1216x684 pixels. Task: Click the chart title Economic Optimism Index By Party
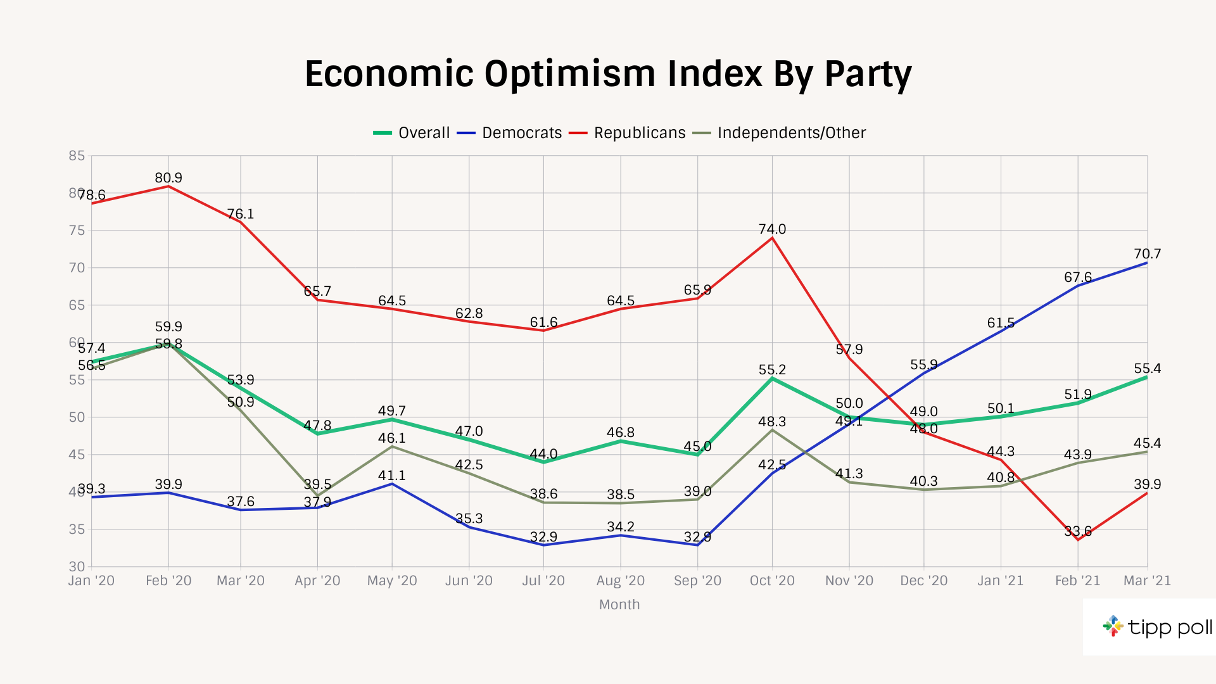pos(608,74)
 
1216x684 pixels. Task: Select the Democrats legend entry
pos(521,133)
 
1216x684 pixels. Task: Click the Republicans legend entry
pos(639,133)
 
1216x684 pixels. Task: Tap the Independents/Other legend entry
pos(791,133)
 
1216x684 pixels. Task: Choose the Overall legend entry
pos(424,133)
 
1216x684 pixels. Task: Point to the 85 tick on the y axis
pos(77,156)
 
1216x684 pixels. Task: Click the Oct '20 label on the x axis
pos(772,581)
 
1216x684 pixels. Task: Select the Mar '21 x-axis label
pos(1147,581)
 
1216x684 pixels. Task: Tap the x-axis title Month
pos(619,605)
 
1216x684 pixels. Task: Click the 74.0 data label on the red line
pos(772,229)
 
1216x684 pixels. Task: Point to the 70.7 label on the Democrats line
pos(1147,254)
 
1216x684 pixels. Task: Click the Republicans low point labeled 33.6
pos(1077,531)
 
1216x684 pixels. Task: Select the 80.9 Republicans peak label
pos(168,178)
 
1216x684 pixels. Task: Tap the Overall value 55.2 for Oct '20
pos(772,370)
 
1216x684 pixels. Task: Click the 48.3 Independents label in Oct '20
pos(772,422)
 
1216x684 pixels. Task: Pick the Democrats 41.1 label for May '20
pos(392,476)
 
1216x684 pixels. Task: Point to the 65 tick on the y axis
pos(77,305)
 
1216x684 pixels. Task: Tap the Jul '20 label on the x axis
pos(543,581)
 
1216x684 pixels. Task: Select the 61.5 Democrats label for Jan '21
pos(1001,323)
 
